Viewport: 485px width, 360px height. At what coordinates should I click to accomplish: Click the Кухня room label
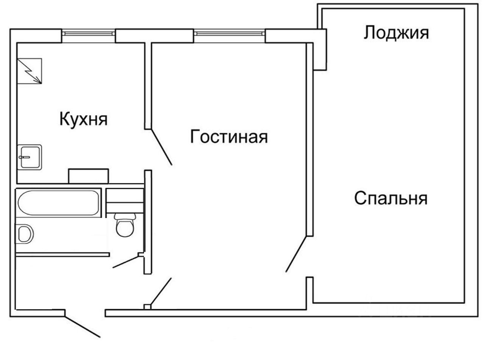click(x=83, y=119)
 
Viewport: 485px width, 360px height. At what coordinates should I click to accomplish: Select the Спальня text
click(x=391, y=198)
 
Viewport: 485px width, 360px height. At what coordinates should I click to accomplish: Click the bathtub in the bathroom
click(x=59, y=203)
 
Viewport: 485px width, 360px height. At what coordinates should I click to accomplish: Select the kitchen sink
click(x=30, y=156)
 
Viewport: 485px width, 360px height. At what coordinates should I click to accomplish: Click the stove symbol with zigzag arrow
click(x=29, y=71)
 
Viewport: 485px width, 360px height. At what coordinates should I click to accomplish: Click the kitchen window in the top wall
click(x=88, y=33)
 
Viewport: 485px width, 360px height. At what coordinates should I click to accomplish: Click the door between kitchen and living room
click(x=161, y=147)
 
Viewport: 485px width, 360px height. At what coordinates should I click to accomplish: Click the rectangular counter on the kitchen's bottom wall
click(x=89, y=176)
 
